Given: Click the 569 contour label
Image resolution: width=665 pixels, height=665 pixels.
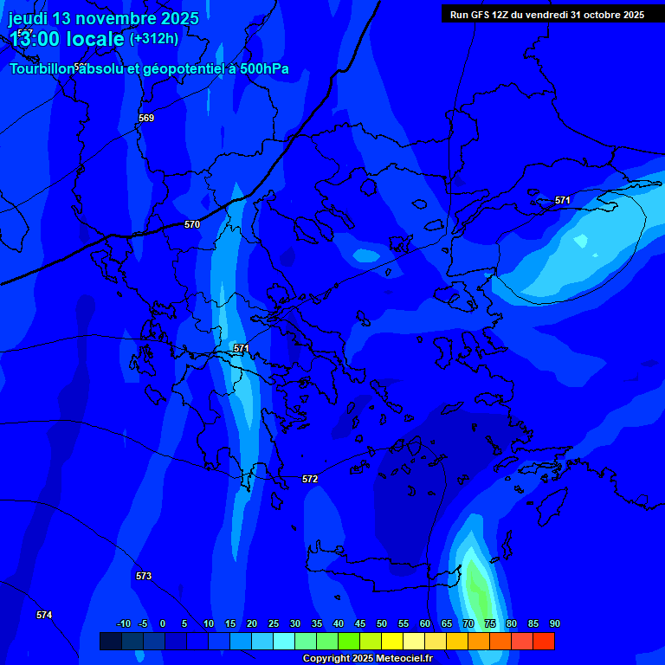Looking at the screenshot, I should pyautogui.click(x=146, y=118).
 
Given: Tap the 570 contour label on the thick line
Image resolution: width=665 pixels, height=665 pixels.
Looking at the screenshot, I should pyautogui.click(x=192, y=224).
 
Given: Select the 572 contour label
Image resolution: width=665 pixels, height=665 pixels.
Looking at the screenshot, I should pyautogui.click(x=310, y=479).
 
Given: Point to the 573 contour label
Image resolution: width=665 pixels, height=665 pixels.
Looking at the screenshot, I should pyautogui.click(x=144, y=576).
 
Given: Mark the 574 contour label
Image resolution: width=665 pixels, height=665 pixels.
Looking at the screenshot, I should pyautogui.click(x=44, y=615).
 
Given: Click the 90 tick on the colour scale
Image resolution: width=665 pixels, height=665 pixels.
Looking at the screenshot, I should pyautogui.click(x=554, y=623).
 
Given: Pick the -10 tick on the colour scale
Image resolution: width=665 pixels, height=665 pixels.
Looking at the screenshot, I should pyautogui.click(x=124, y=623).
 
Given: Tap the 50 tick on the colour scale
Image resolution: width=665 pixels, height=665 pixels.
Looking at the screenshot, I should pyautogui.click(x=381, y=623).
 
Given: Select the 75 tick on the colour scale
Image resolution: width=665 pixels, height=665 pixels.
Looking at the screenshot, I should pyautogui.click(x=489, y=623).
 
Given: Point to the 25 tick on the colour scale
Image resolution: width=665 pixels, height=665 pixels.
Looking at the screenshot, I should pyautogui.click(x=273, y=623).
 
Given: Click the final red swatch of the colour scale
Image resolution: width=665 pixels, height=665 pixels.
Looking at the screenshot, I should pyautogui.click(x=543, y=641).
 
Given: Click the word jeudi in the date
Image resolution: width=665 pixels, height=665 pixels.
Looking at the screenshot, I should pyautogui.click(x=29, y=18).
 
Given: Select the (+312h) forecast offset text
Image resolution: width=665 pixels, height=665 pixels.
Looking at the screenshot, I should pyautogui.click(x=154, y=38).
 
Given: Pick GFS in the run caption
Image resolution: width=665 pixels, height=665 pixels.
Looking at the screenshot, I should pyautogui.click(x=481, y=15).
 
